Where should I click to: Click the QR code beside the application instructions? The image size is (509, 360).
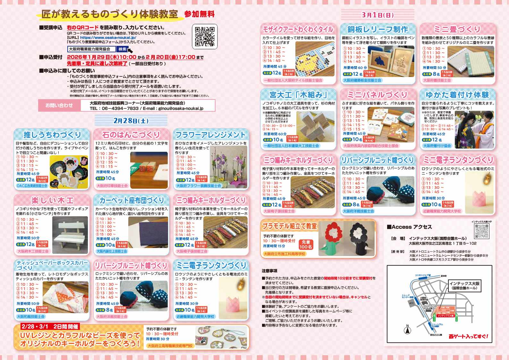[205, 37]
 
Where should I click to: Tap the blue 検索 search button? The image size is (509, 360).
[123, 49]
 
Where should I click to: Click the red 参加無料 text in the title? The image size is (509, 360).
[199, 14]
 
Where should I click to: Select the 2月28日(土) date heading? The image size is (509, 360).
[131, 121]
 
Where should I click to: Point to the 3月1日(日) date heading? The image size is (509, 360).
[378, 15]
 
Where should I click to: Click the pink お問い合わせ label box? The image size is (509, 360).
[59, 105]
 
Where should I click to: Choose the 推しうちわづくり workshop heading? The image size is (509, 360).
[52, 134]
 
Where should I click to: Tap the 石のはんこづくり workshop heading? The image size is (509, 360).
[131, 134]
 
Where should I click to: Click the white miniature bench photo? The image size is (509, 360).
[70, 231]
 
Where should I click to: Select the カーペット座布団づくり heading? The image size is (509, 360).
[131, 201]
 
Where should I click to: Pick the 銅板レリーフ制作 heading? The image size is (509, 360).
[378, 30]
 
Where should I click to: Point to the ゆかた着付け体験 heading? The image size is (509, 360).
[457, 95]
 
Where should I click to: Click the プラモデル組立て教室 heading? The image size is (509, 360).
[289, 226]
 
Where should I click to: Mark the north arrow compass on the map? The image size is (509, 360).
[407, 330]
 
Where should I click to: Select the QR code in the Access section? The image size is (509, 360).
[482, 231]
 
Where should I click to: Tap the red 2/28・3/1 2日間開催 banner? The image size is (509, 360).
[50, 327]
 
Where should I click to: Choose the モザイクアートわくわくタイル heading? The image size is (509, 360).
[298, 30]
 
